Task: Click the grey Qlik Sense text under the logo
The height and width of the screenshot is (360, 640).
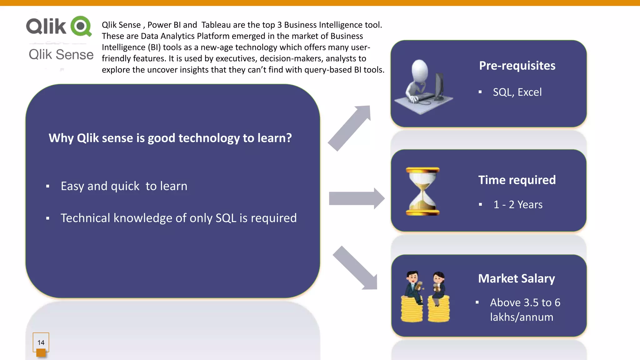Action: pos(61,55)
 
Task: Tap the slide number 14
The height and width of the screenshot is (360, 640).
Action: pos(41,342)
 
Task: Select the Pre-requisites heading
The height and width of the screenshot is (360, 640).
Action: pos(517,66)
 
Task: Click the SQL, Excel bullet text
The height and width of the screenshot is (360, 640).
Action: pos(517,92)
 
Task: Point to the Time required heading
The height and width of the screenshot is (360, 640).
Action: pos(517,180)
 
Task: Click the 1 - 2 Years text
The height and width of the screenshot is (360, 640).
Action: pos(518,205)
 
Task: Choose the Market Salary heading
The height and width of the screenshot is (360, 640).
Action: pos(516,278)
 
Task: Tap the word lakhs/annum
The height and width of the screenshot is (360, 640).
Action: pos(521,317)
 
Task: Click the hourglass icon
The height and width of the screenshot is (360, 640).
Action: pos(422,191)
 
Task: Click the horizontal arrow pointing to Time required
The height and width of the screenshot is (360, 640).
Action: pos(356,199)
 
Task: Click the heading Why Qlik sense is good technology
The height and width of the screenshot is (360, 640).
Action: pos(170,138)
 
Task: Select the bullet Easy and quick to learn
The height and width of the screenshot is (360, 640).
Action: pos(124,186)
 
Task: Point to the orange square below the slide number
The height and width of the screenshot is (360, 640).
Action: pos(41,353)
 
